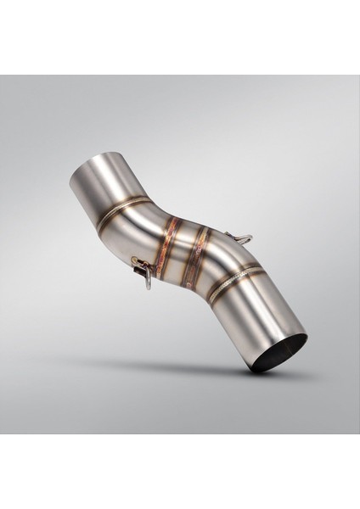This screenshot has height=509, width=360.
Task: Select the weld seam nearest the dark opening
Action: (237, 280)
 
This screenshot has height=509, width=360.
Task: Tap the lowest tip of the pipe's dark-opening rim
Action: (255, 366)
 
